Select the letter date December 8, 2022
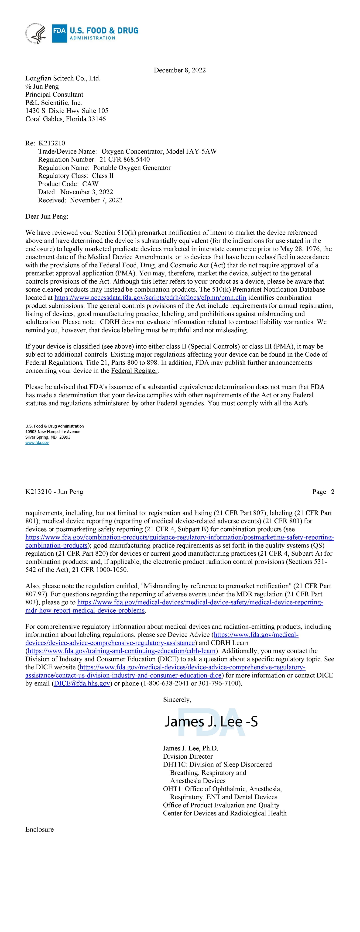180,70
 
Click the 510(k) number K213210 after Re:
52,143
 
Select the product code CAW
90,184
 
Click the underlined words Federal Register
134,371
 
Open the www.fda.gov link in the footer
37,443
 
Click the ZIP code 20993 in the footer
65,437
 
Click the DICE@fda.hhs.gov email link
82,683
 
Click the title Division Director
188,757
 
